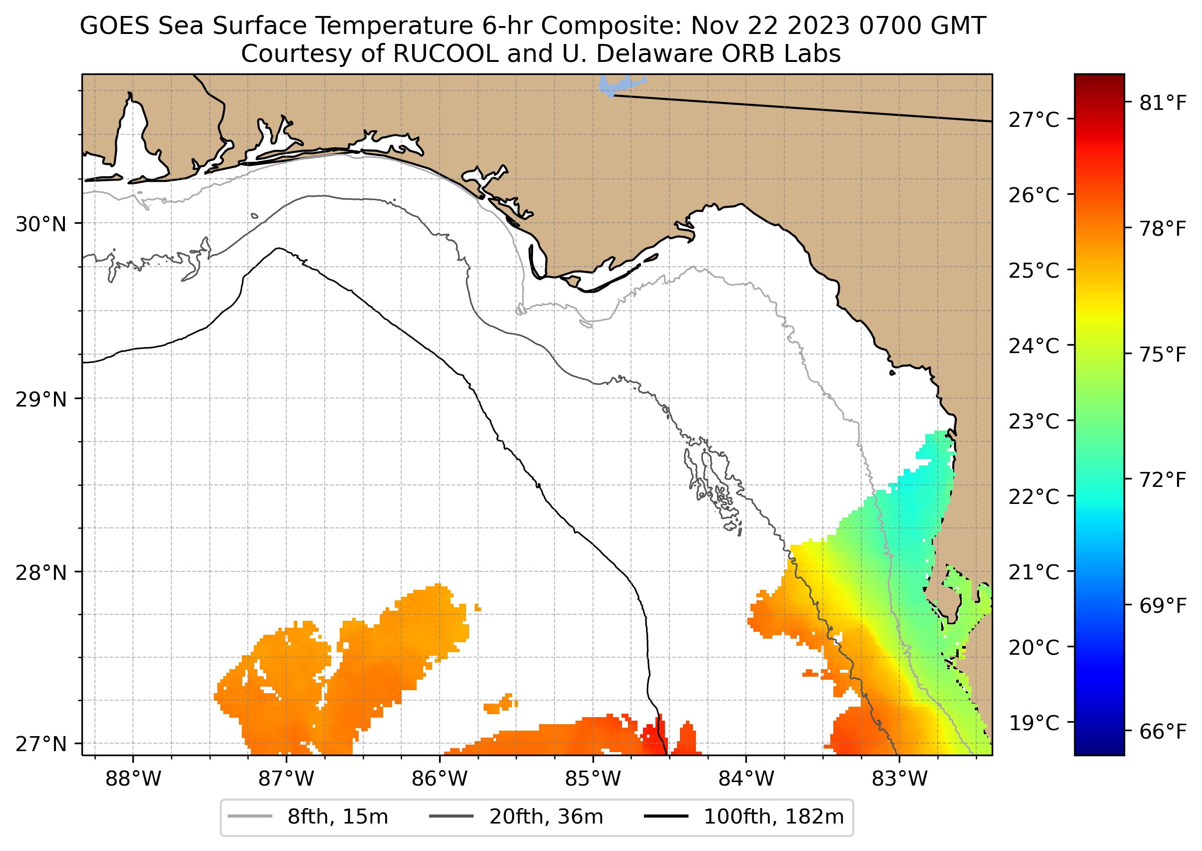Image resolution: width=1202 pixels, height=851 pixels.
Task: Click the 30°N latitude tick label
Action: tap(41, 224)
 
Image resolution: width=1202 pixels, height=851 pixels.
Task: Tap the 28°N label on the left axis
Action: tap(41, 573)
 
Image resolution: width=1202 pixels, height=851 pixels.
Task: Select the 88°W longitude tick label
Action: tap(133, 779)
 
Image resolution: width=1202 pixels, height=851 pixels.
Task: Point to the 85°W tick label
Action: tap(593, 779)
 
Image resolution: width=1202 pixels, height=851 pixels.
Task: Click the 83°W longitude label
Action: tap(900, 779)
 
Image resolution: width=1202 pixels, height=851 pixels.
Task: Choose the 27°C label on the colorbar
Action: tap(1033, 120)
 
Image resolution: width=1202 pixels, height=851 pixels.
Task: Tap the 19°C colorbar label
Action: tap(1033, 723)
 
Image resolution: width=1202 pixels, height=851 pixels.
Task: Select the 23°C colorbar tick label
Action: tap(1033, 422)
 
